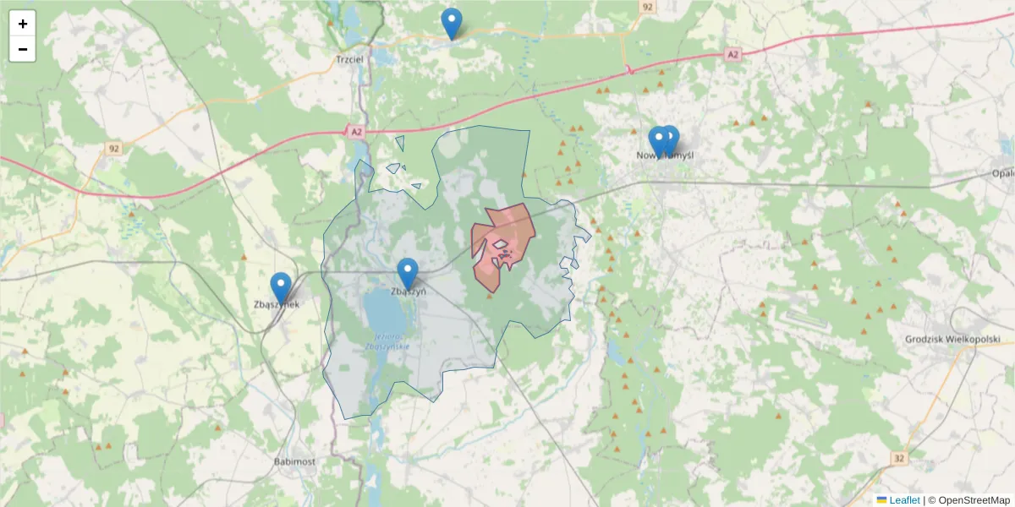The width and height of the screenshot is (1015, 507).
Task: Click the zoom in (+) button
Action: pos(23,24)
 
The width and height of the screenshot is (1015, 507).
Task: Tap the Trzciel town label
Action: pos(349,60)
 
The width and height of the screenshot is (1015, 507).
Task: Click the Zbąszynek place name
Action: pos(276,305)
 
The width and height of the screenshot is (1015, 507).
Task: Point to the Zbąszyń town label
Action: pos(408,292)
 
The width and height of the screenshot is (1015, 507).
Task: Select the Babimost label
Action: pos(294,462)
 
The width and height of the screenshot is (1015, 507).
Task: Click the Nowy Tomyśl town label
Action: pos(665,155)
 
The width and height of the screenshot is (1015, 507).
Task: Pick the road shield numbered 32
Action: pos(898,458)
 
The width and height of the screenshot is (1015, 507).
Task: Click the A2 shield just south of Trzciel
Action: pos(356,132)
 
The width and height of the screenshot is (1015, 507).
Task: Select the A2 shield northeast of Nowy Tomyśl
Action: pos(732,54)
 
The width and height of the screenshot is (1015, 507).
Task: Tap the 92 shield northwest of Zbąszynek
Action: pos(114,149)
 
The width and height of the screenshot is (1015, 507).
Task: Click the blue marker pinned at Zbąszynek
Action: pos(281,287)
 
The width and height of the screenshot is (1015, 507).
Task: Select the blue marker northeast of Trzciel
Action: pos(452,23)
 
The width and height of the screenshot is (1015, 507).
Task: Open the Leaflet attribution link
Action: pos(904,500)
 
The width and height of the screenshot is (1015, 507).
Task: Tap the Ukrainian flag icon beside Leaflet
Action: pos(881,500)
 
